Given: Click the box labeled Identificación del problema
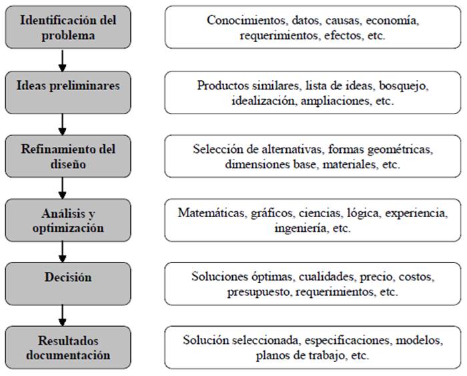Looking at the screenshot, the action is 62,28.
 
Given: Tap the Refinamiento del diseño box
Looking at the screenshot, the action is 62,156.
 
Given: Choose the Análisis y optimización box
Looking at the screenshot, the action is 62,220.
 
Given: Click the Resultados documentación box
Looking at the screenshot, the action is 62,347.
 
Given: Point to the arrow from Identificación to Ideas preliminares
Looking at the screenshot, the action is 62,61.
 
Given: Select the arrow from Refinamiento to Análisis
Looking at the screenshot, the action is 62,188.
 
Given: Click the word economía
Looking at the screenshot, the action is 394,21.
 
